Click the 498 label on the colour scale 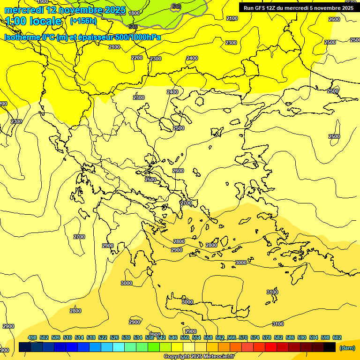32,337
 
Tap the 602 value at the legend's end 337,337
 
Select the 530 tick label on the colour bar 126,337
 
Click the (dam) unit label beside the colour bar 347,347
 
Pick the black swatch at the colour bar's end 330,347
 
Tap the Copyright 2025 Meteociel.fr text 198,357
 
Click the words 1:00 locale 34,21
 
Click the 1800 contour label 134,13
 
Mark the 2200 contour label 137,58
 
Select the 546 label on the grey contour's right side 176,6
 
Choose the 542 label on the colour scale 161,337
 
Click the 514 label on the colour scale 79,337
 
